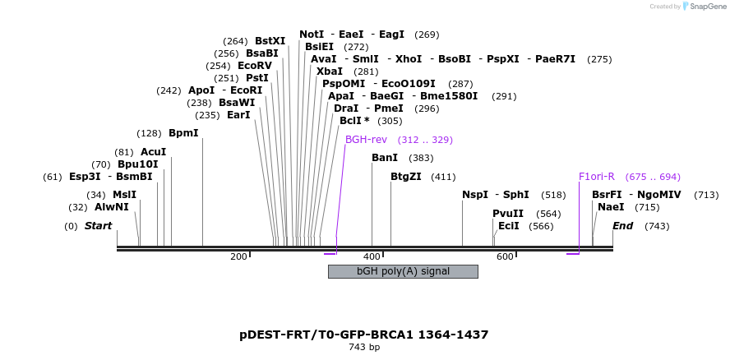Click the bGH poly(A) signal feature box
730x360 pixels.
403,271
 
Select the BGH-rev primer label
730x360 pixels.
366,140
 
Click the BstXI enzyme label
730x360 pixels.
270,41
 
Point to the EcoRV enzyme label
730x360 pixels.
254,66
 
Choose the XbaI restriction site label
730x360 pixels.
330,72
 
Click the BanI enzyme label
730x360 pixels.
385,158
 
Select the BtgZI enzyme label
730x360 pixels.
405,177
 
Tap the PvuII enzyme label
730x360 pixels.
508,214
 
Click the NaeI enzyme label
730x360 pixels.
611,207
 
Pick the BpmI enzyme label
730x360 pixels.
183,133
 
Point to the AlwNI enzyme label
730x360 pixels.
112,207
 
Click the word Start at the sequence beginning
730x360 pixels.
98,226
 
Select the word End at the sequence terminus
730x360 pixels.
622,226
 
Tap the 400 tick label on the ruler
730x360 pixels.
372,257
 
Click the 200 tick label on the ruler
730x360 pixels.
238,257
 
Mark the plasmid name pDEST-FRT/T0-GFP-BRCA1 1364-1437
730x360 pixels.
364,335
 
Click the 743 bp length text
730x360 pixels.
364,348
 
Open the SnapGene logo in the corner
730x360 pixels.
700,7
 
